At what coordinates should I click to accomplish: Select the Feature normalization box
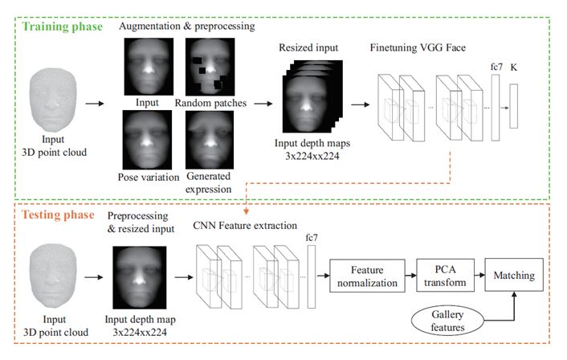click(365, 278)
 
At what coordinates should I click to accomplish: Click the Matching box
click(517, 276)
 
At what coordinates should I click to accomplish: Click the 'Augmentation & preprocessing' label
click(186, 27)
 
